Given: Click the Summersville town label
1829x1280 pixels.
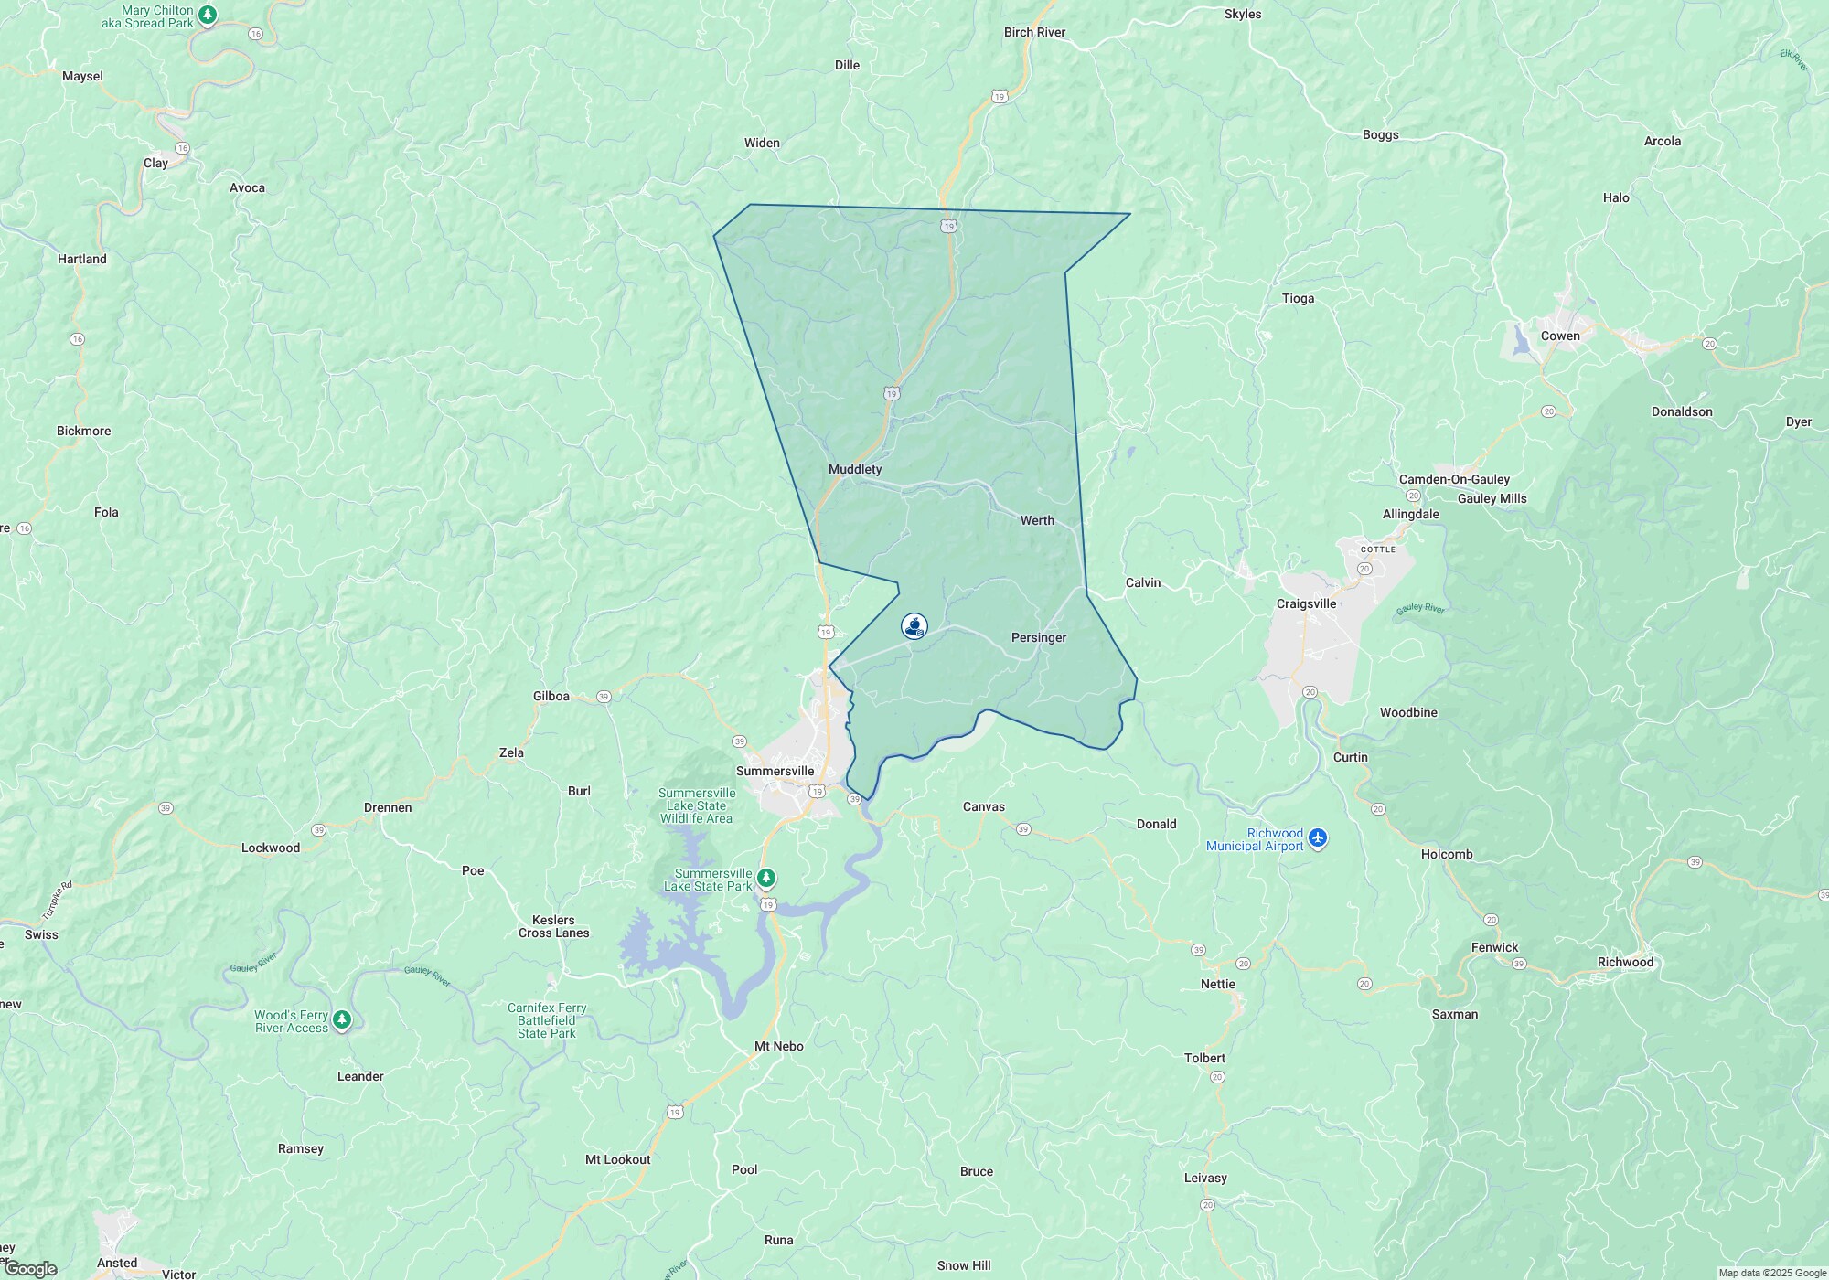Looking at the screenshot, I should (775, 771).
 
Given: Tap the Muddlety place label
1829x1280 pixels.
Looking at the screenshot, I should (855, 469).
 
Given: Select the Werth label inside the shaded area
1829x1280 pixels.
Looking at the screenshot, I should (1037, 520).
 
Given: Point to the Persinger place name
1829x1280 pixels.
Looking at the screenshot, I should (1039, 637).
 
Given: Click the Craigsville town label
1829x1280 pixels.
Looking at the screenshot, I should (1306, 603).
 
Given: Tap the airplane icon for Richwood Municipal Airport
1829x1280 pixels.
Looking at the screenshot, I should (1318, 838).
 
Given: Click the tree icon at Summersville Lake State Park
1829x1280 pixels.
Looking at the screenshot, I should (766, 879).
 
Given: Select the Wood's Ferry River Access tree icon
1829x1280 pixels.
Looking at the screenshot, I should (342, 1019).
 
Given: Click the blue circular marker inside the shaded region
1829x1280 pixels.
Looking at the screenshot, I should (914, 626).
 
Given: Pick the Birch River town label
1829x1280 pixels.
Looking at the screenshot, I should (1034, 32).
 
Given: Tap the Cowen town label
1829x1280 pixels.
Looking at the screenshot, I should (1560, 336).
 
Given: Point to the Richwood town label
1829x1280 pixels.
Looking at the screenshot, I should (1625, 962).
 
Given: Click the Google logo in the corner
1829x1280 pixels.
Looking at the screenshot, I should (30, 1269).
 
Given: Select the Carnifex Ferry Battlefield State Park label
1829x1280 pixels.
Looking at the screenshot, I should (547, 1020).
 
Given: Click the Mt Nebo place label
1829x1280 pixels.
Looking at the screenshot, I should (778, 1046).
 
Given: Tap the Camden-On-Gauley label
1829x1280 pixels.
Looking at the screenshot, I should (1454, 479).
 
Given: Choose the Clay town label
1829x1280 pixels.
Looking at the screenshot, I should (155, 163).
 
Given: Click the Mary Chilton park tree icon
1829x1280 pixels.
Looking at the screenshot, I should (209, 15).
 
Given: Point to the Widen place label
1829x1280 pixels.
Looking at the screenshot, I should (762, 143).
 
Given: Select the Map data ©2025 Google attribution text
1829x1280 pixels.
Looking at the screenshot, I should (1771, 1273).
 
